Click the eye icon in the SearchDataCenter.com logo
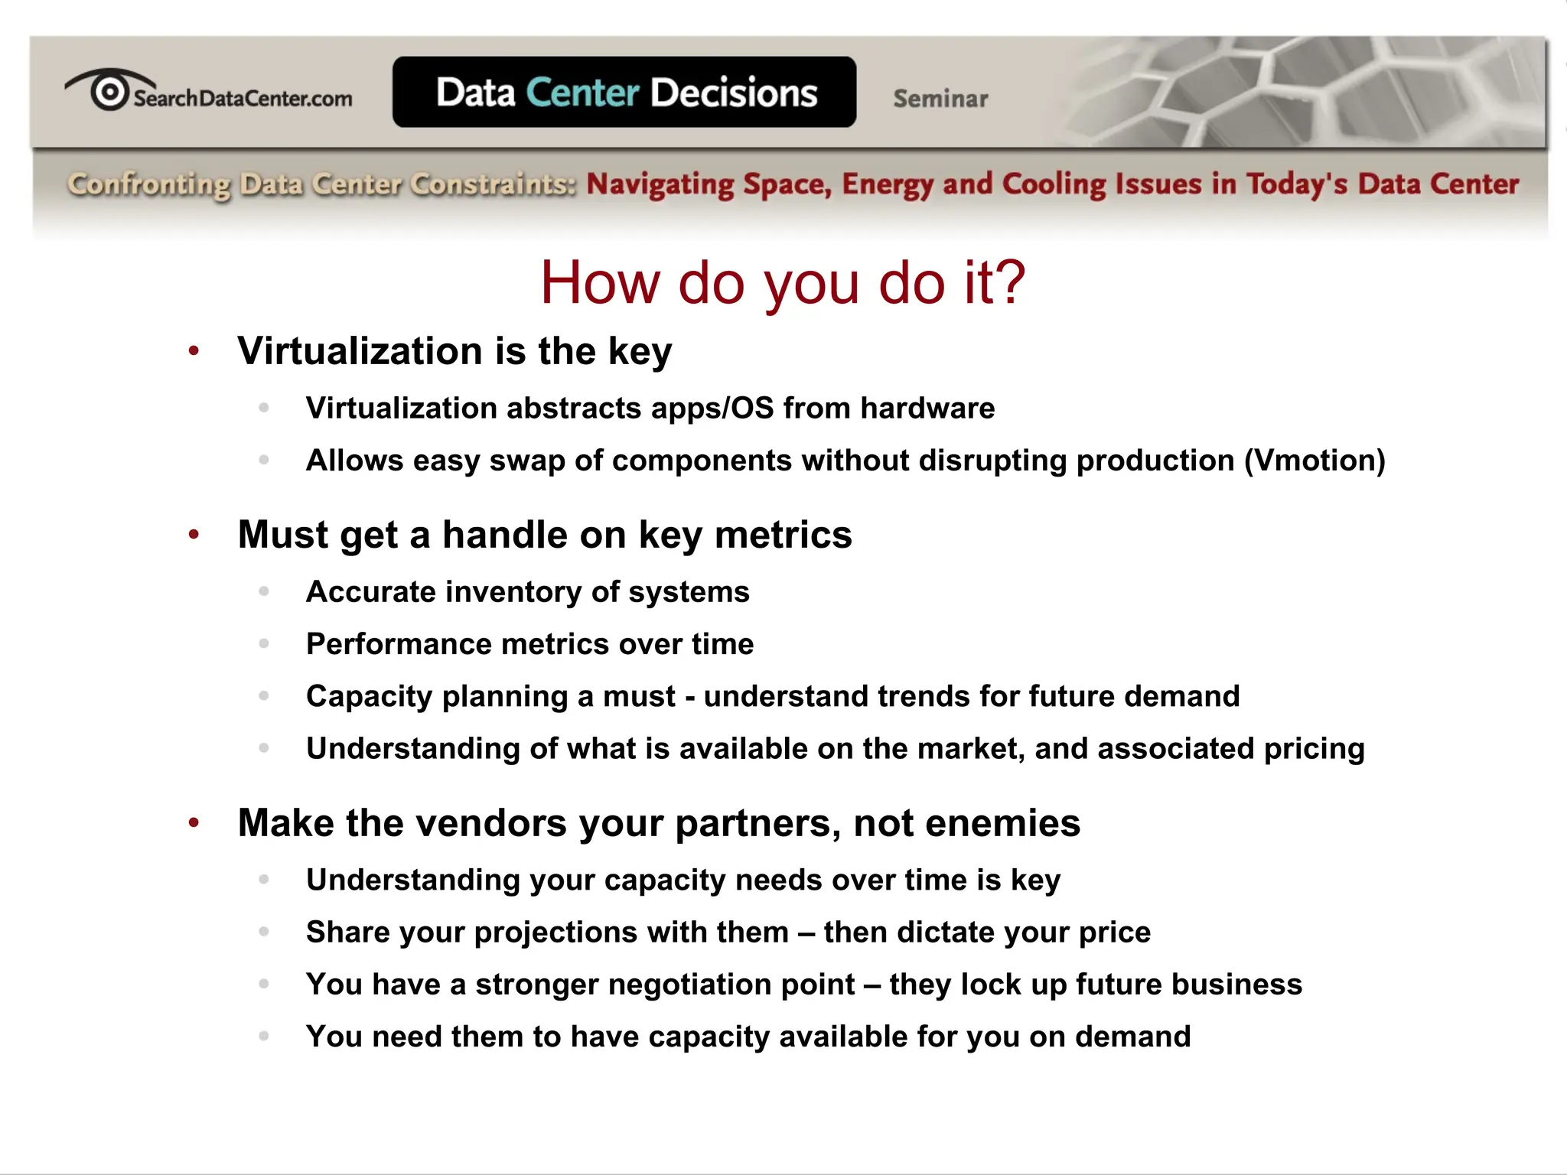(x=109, y=90)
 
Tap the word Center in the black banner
(x=582, y=93)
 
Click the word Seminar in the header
(x=940, y=99)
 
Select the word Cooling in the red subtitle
(x=1054, y=184)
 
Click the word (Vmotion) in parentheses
(x=1315, y=461)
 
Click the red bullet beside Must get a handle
(x=194, y=534)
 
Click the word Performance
(x=399, y=644)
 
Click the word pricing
(x=1314, y=748)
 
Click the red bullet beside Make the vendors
(x=194, y=823)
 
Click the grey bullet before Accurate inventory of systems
(x=264, y=591)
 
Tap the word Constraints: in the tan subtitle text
(x=492, y=184)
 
